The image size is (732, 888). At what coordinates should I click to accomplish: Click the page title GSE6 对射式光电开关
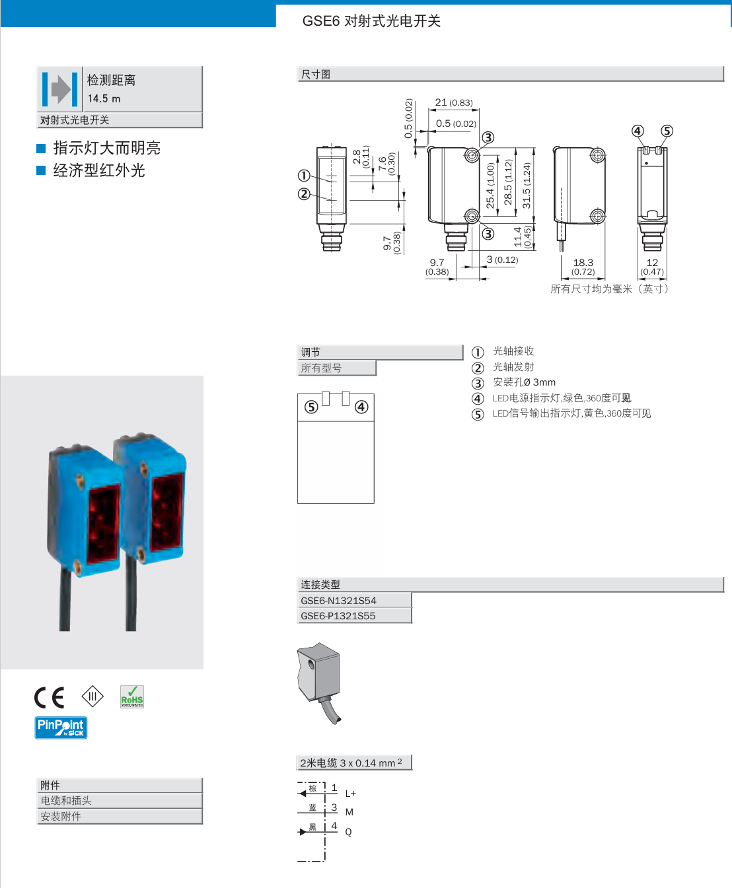point(371,21)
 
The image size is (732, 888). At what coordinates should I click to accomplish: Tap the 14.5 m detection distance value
point(104,98)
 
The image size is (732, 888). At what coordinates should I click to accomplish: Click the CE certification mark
point(50,697)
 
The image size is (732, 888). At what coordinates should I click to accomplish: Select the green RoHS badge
point(132,697)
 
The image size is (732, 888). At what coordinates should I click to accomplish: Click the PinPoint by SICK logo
point(61,728)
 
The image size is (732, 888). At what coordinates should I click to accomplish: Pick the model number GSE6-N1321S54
point(339,600)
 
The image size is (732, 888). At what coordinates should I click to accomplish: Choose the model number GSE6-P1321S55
point(338,615)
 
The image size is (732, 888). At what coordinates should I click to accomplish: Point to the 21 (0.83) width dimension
point(454,102)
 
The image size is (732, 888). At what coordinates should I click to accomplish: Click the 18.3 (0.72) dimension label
point(583,266)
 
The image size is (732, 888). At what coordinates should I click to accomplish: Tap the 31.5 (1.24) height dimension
point(527,186)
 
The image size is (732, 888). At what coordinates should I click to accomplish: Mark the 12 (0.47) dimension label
point(652,266)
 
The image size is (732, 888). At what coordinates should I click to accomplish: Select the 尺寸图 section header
point(316,74)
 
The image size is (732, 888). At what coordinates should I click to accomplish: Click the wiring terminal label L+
point(350,794)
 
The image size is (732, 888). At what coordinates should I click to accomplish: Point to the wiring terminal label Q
point(348,832)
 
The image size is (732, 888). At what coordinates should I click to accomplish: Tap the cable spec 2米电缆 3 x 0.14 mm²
point(351,763)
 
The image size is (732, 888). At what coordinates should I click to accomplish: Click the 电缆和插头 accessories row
point(66,800)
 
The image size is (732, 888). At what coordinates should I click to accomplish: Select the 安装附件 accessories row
point(61,816)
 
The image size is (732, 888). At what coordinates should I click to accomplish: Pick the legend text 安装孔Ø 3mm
point(524,382)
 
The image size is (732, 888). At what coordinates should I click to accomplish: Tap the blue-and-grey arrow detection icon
point(60,89)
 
